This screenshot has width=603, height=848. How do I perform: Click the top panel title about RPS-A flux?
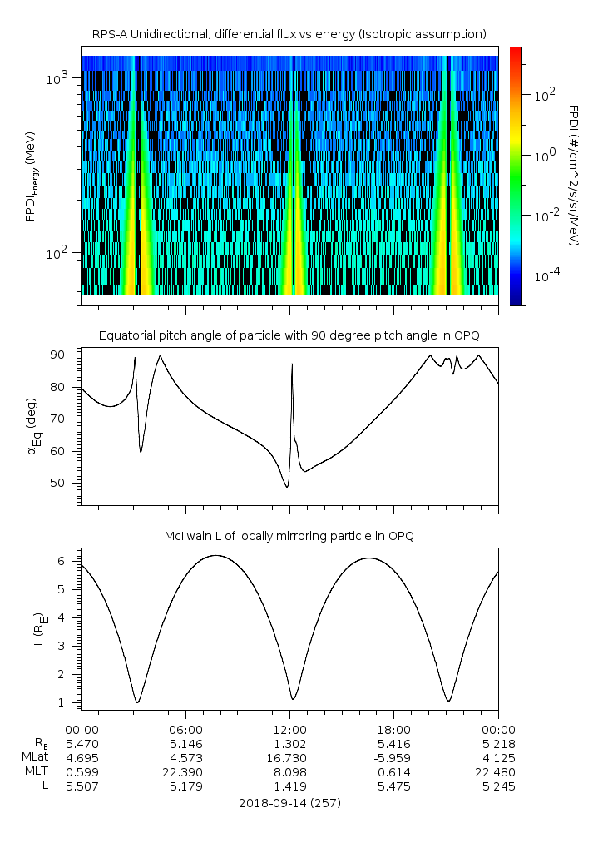pyautogui.click(x=289, y=33)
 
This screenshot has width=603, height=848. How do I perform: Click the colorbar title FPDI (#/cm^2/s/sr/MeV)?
pyautogui.click(x=574, y=176)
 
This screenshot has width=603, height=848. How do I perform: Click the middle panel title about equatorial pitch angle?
pyautogui.click(x=289, y=335)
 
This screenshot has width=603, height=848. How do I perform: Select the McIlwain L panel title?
pyautogui.click(x=289, y=535)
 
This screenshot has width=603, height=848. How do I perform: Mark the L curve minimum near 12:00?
pyautogui.click(x=293, y=698)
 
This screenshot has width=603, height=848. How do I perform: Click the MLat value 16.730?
pyautogui.click(x=289, y=757)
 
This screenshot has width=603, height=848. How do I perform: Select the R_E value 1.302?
pyautogui.click(x=289, y=742)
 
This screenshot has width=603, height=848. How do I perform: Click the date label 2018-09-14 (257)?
pyautogui.click(x=289, y=803)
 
